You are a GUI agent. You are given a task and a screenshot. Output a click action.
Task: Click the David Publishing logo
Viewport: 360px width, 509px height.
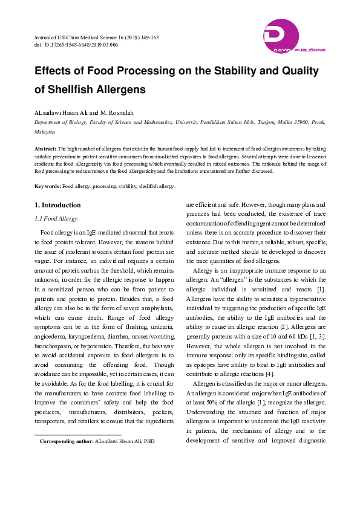pyautogui.click(x=295, y=37)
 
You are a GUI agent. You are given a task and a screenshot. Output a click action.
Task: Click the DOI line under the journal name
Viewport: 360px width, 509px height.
pyautogui.click(x=76, y=45)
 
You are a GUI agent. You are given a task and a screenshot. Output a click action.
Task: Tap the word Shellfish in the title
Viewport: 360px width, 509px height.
pyautogui.click(x=76, y=89)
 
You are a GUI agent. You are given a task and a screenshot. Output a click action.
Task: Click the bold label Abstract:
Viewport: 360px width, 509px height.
pyautogui.click(x=45, y=148)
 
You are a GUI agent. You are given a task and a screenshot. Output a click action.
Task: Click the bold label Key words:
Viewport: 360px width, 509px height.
pyautogui.click(x=48, y=186)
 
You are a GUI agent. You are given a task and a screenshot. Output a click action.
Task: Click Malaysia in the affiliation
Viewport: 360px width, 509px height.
pyautogui.click(x=44, y=131)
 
